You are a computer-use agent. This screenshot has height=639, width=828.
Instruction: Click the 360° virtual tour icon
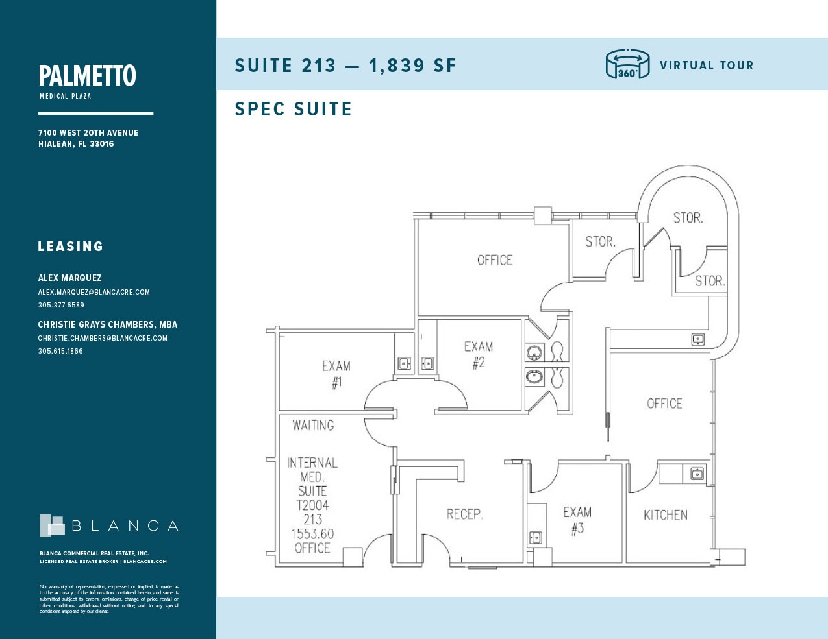click(x=627, y=64)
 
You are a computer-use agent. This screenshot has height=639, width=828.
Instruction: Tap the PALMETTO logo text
click(x=87, y=76)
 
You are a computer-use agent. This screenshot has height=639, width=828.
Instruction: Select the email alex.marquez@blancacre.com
click(x=94, y=292)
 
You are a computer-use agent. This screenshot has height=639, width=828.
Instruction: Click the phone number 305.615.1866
click(x=60, y=351)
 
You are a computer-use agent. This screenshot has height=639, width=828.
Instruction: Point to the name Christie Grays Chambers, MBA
click(x=107, y=324)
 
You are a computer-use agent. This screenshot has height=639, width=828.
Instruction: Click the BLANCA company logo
click(x=108, y=525)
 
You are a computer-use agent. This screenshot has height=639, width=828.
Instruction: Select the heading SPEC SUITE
click(x=293, y=109)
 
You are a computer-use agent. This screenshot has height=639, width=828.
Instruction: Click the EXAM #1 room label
click(x=336, y=374)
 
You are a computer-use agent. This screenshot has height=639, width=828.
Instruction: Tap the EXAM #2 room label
click(x=479, y=355)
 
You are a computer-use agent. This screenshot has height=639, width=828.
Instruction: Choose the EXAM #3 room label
click(x=577, y=520)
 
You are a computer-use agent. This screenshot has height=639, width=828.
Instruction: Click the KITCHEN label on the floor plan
click(x=665, y=515)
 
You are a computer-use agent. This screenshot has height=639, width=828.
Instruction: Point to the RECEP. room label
click(x=464, y=514)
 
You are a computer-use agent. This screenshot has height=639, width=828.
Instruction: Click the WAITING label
click(x=313, y=426)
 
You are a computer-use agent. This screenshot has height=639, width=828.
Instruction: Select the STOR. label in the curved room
click(x=688, y=218)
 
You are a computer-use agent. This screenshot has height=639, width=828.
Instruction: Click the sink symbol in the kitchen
click(x=697, y=474)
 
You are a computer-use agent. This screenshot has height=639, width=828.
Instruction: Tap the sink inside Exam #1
click(x=404, y=363)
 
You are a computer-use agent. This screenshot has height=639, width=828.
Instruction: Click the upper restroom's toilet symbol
click(x=557, y=352)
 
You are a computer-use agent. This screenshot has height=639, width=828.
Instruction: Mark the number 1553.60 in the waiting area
click(x=312, y=534)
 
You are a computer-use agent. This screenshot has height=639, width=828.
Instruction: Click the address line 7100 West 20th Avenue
click(x=88, y=132)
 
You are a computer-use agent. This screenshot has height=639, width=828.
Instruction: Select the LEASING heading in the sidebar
click(x=71, y=247)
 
